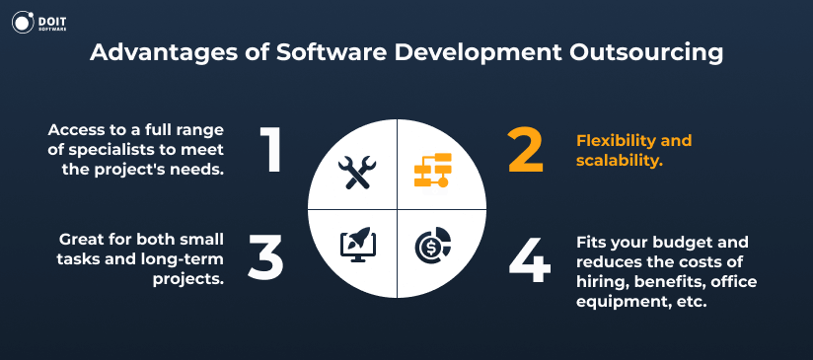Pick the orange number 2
pyautogui.click(x=528, y=149)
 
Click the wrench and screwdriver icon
pyautogui.click(x=355, y=173)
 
